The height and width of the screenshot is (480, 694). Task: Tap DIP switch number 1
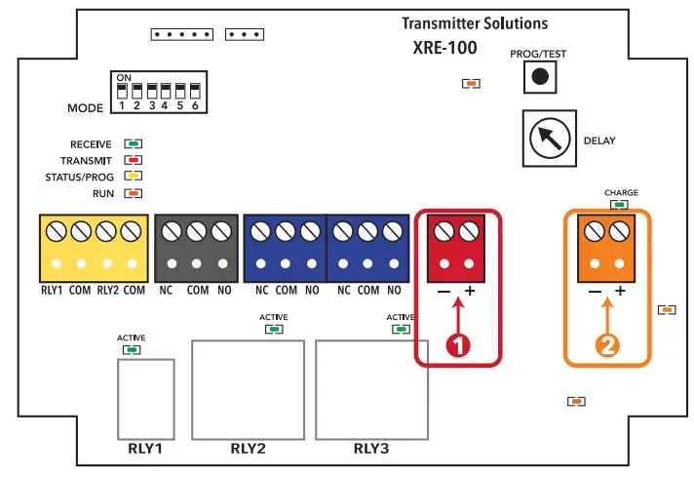(x=123, y=92)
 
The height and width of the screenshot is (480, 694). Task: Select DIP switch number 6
(x=196, y=92)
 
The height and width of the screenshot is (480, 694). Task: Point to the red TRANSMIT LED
(x=134, y=160)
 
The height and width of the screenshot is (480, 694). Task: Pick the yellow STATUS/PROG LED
(x=134, y=177)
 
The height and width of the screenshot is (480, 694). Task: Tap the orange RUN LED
(x=134, y=193)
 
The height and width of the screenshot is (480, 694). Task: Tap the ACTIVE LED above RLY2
(x=274, y=329)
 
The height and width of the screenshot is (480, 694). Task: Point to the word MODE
(x=86, y=107)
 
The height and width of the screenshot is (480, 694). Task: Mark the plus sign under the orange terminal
(x=619, y=292)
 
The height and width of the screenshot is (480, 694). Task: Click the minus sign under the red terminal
(x=443, y=292)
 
